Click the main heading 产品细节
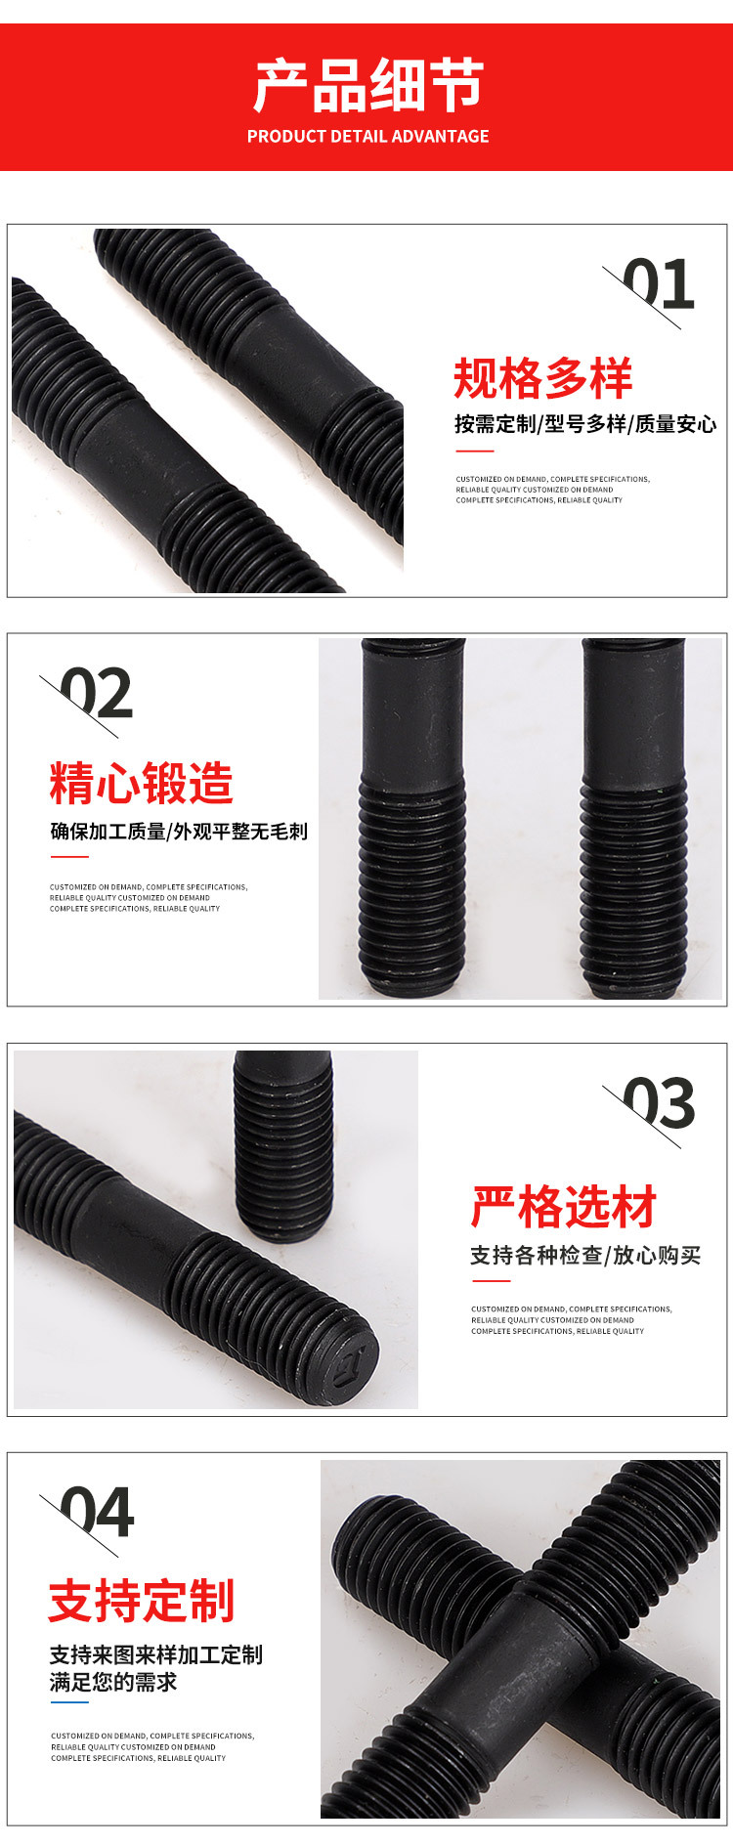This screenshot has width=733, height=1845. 368,85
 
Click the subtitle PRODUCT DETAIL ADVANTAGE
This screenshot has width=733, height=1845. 368,137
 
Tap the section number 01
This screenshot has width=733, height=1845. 658,285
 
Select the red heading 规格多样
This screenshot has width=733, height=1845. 543,378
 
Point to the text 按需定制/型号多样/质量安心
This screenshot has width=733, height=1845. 585,424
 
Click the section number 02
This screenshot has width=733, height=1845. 96,694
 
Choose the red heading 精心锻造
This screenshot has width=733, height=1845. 142,783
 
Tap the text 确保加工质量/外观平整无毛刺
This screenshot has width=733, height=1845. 179,832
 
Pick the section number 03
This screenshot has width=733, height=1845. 658,1104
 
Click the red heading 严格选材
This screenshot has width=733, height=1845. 564,1208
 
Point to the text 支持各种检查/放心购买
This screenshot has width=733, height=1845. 585,1256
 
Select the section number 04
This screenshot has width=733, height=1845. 97,1513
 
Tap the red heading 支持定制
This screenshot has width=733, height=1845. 142,1601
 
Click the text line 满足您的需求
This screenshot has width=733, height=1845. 113,1682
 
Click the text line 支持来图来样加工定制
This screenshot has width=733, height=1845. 156,1654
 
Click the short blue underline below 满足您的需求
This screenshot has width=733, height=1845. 69,1702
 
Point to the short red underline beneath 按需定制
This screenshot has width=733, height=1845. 475,451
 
